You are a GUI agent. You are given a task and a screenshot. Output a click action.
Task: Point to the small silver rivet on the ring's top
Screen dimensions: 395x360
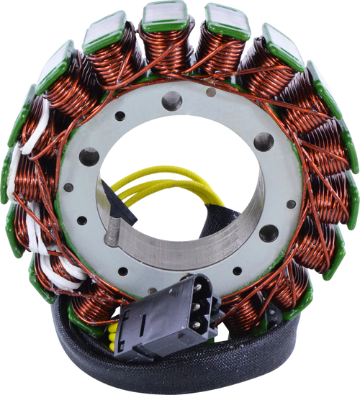[x=211, y=92]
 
